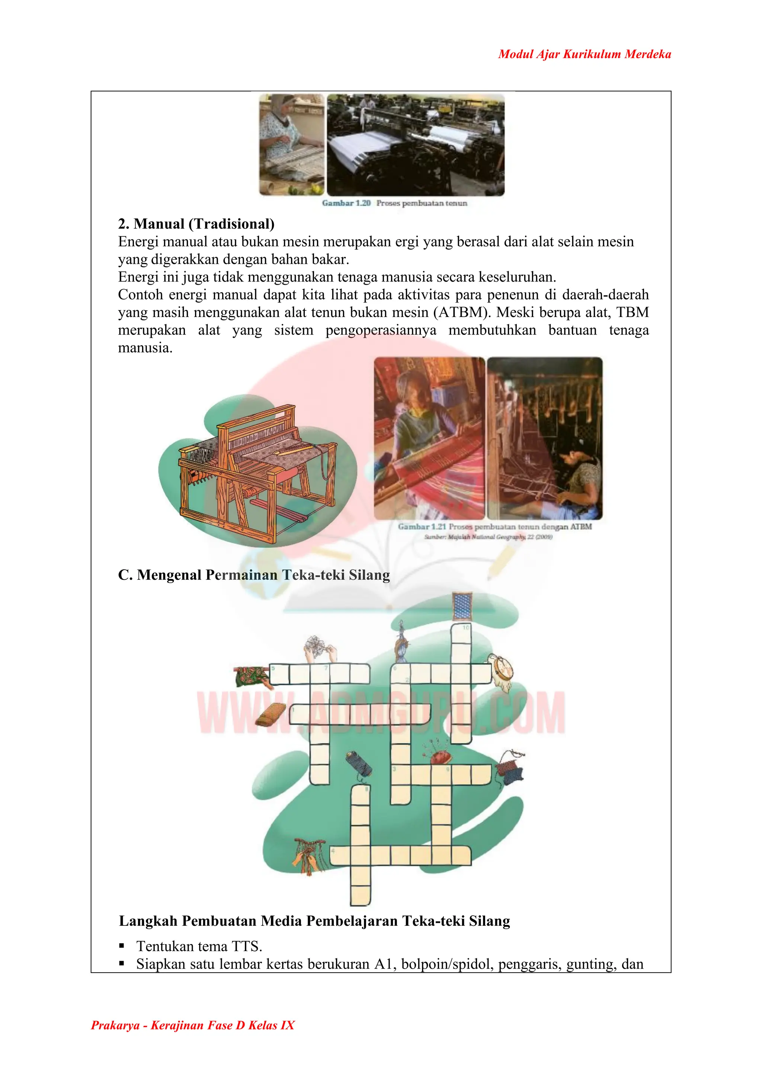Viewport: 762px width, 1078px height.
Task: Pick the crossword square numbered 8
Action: pos(361,796)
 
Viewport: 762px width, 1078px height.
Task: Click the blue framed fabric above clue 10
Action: pos(462,606)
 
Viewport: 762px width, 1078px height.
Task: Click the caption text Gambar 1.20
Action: pos(346,203)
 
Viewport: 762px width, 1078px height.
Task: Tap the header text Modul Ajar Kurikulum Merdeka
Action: pos(584,54)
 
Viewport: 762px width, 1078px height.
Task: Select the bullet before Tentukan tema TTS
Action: pos(122,945)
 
